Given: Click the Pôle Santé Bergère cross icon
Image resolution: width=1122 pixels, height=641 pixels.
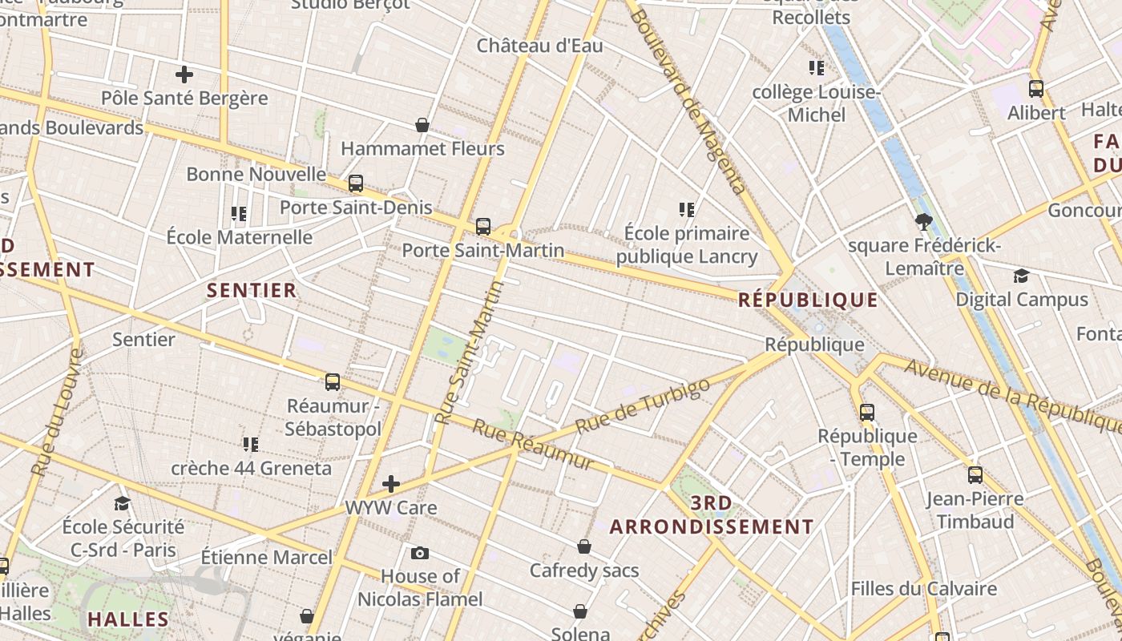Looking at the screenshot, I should [184, 75].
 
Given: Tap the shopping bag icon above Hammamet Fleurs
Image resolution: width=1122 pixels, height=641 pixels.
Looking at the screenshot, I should [422, 125].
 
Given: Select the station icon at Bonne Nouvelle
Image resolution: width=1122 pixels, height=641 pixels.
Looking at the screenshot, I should [356, 183].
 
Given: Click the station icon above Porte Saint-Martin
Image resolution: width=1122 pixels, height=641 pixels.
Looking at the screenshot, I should [482, 227].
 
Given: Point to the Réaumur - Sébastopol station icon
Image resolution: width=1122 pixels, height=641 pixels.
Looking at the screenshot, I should [333, 382].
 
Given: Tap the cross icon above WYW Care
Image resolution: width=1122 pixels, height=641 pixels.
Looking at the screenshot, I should [391, 483].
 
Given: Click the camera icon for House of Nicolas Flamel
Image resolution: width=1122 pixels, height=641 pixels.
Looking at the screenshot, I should [419, 553].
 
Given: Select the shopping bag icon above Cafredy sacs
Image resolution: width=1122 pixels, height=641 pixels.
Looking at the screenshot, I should [584, 546].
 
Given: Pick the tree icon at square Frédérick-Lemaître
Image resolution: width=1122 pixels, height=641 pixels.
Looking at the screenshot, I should [923, 222].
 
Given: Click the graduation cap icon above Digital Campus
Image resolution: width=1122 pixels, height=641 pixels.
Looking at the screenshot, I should [1021, 276].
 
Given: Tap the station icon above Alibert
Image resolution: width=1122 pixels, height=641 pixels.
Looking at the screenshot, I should [1036, 89].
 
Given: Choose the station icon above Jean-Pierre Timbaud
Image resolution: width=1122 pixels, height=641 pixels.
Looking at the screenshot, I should [975, 475].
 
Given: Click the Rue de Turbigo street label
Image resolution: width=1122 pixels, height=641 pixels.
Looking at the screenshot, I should [643, 406].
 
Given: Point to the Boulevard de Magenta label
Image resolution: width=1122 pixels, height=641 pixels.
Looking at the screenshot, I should [691, 100].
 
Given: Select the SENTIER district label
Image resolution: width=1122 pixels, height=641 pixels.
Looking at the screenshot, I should [252, 290].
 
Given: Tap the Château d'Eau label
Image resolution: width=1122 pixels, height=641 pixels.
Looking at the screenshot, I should [539, 46].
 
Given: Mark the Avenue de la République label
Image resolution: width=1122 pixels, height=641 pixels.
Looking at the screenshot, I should [1013, 393].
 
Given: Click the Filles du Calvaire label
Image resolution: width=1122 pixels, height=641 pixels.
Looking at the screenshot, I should [923, 589].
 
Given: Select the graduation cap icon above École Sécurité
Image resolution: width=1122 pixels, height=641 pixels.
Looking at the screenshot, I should [122, 503].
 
